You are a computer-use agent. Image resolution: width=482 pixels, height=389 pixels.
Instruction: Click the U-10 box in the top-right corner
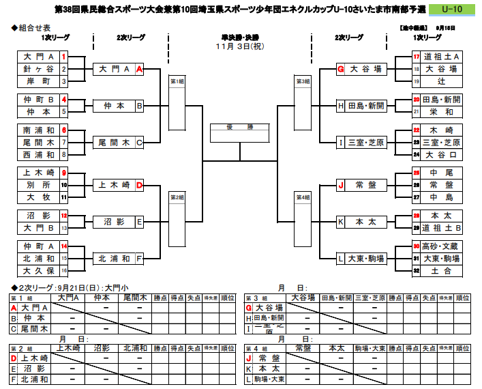click(x=453, y=9)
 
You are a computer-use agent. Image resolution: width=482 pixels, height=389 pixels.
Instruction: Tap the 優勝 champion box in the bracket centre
click(x=240, y=128)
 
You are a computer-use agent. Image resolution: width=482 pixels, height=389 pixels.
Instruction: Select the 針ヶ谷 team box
click(x=38, y=69)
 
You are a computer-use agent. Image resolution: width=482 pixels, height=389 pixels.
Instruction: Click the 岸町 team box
click(x=38, y=81)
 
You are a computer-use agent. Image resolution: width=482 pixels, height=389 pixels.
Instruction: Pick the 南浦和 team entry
click(x=38, y=129)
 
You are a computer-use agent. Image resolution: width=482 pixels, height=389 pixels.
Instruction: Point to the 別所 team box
click(x=38, y=185)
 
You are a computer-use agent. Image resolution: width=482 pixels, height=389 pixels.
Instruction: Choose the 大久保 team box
click(x=38, y=271)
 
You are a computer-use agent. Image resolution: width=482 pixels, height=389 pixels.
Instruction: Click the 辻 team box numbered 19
click(x=442, y=81)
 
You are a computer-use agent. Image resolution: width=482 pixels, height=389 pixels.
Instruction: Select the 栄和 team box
click(x=442, y=111)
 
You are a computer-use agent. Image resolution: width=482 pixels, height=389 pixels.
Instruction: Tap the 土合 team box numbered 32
click(x=442, y=271)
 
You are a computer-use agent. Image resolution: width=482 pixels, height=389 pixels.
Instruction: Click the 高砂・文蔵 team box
click(x=442, y=246)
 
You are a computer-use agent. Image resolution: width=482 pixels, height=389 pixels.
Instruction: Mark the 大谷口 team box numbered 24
click(x=442, y=155)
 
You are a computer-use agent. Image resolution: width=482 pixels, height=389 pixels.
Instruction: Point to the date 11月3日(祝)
click(x=240, y=46)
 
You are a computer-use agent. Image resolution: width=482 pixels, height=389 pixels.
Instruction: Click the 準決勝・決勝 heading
click(x=240, y=37)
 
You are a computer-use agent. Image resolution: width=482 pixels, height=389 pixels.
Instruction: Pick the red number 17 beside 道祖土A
click(x=417, y=57)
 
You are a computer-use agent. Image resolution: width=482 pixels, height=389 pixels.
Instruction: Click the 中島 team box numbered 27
click(x=442, y=197)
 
